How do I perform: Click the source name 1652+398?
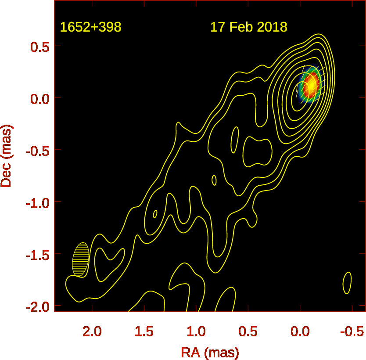(90, 27)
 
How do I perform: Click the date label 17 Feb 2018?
(248, 27)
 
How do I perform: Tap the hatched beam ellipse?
(81, 259)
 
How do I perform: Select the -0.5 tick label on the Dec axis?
(36, 150)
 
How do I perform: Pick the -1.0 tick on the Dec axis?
(36, 202)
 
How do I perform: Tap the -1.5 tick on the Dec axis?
(36, 254)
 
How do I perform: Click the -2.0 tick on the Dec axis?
(36, 306)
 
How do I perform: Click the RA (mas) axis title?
(210, 351)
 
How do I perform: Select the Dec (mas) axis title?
(7, 155)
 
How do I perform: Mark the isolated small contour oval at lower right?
(347, 283)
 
